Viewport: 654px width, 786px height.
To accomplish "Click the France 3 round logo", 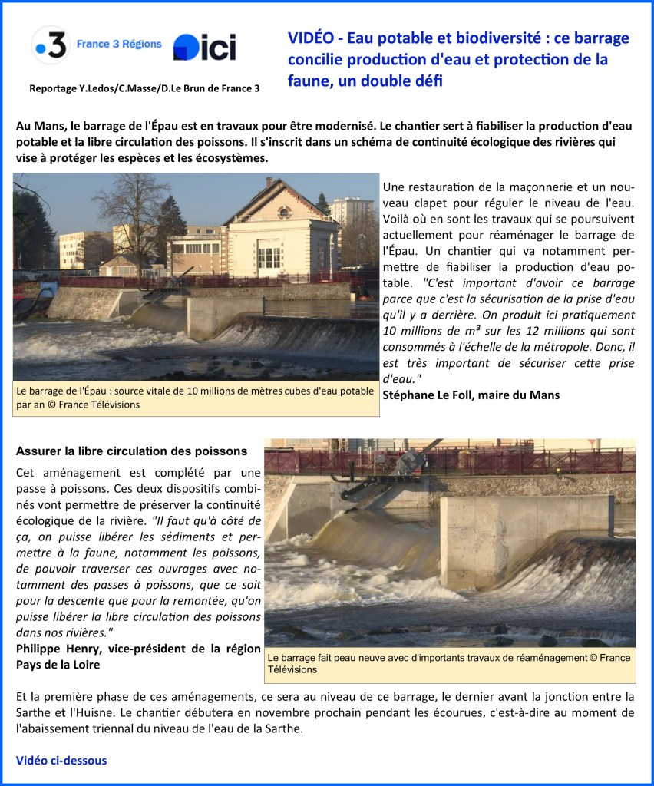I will coord(51,45).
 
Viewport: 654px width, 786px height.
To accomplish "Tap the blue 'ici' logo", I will coord(204,48).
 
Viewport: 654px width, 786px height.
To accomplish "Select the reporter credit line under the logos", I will coord(144,88).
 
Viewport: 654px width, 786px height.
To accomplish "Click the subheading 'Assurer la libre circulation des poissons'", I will coord(131,451).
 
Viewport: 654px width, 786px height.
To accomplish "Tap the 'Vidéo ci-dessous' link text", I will coord(61,760).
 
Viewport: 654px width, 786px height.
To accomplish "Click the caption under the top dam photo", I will coord(195,398).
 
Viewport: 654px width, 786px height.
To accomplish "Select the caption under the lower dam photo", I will coord(448,663).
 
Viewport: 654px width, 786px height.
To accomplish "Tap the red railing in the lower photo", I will coord(537,461).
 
